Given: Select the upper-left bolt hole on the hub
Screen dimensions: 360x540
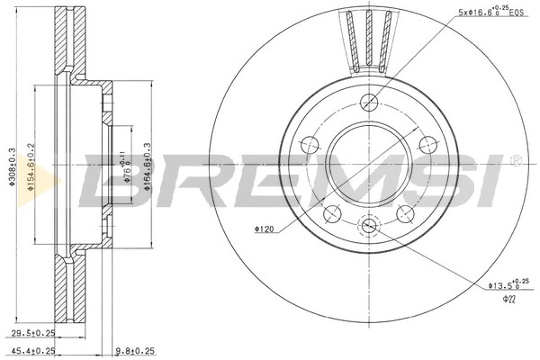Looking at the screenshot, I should pyautogui.click(x=308, y=143).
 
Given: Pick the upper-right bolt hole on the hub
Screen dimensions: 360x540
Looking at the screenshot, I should pyautogui.click(x=427, y=144).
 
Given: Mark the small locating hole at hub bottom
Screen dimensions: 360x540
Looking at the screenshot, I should pyautogui.click(x=367, y=226).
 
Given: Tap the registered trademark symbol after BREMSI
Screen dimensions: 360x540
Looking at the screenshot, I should pyautogui.click(x=516, y=162).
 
